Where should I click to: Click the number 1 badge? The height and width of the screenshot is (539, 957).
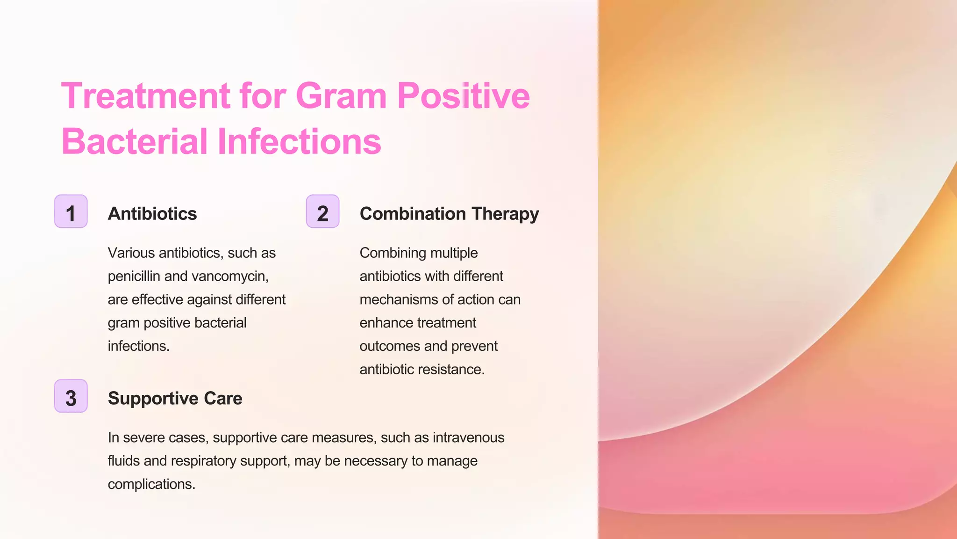(x=71, y=211)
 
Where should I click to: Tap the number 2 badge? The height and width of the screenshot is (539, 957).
(x=322, y=211)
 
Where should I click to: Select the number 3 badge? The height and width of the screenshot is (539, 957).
(x=71, y=396)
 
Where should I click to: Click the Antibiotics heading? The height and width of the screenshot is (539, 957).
(x=152, y=214)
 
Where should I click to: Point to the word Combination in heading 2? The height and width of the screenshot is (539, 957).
(x=413, y=214)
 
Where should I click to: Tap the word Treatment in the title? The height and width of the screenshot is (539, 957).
(x=145, y=96)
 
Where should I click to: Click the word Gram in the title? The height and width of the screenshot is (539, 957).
(x=341, y=96)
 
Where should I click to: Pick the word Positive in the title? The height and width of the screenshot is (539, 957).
(x=463, y=96)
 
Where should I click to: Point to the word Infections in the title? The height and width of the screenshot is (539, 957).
(x=299, y=141)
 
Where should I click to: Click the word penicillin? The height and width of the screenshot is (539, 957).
(x=134, y=276)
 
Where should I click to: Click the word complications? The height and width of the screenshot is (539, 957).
(x=151, y=484)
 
